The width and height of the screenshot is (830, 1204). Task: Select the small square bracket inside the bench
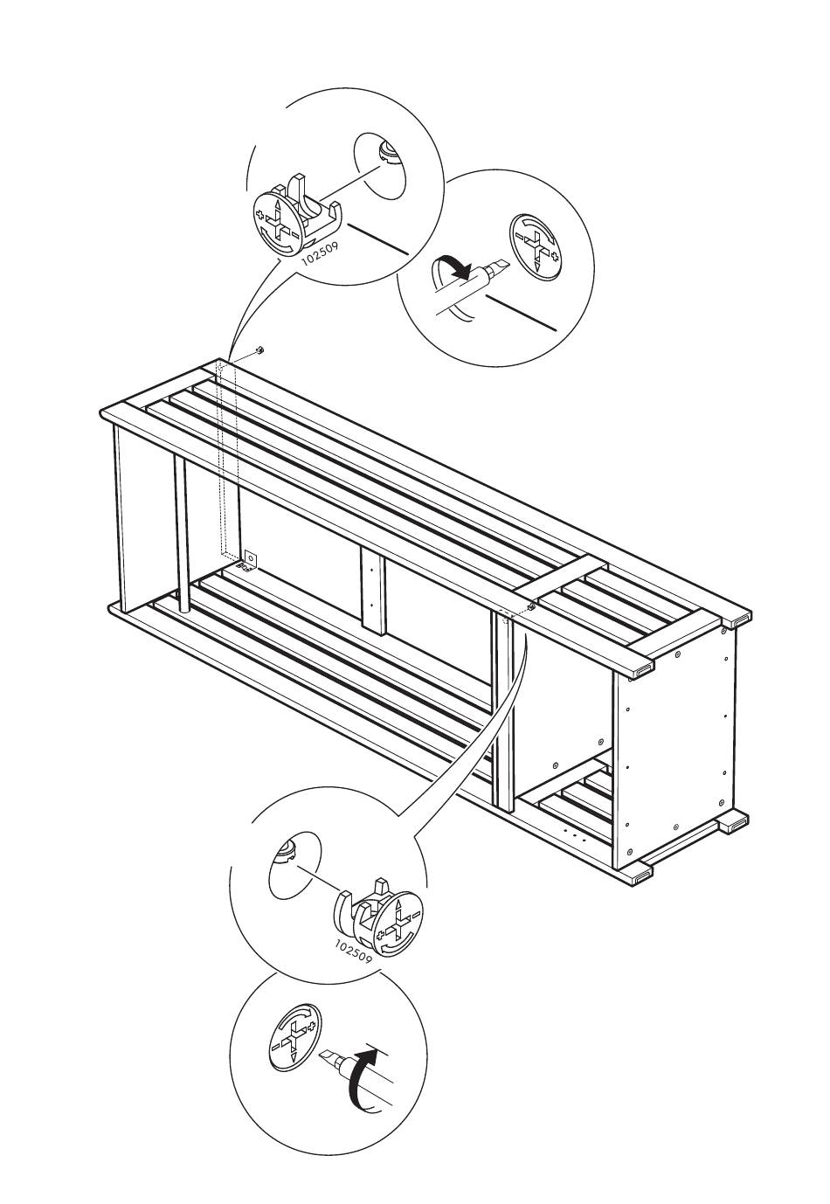tap(251, 559)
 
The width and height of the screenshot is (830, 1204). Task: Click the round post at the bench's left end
tap(181, 534)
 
